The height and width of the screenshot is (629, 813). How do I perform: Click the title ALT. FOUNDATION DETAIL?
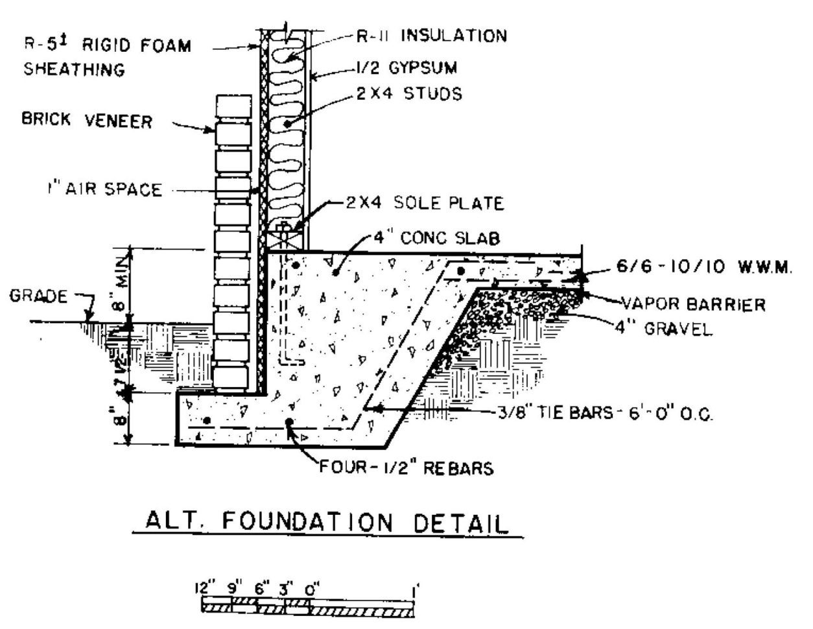tap(327, 523)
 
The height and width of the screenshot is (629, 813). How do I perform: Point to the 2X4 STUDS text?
tap(408, 94)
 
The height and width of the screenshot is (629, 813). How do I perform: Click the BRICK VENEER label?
tap(87, 121)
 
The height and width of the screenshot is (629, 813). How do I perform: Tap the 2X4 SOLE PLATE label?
tap(424, 203)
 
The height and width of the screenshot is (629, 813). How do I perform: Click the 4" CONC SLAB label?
tap(436, 238)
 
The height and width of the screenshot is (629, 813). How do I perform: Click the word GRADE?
tap(38, 297)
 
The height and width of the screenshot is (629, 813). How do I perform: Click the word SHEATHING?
tap(74, 69)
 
